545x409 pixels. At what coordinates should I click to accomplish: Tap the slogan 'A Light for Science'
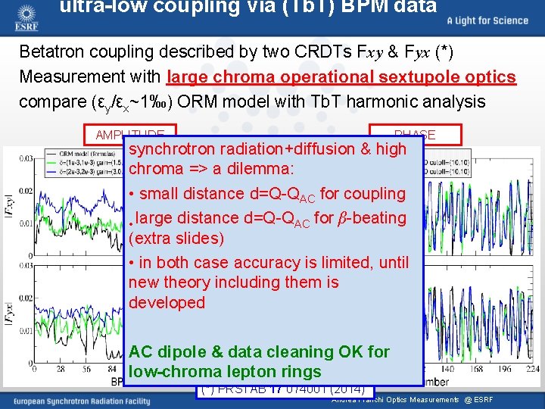coord(487,20)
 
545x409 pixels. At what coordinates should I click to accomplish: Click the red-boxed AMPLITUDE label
coord(130,135)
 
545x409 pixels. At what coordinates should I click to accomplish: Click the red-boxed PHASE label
coord(415,135)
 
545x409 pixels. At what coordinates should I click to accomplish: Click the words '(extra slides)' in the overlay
coord(176,239)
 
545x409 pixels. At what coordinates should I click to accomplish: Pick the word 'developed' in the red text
coord(167,302)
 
